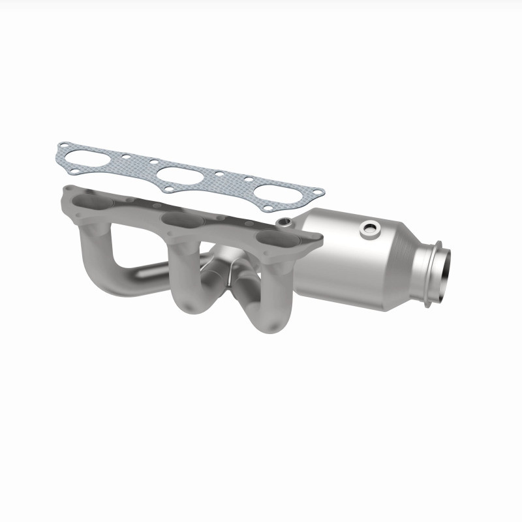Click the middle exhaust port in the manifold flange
coord(180,219)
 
